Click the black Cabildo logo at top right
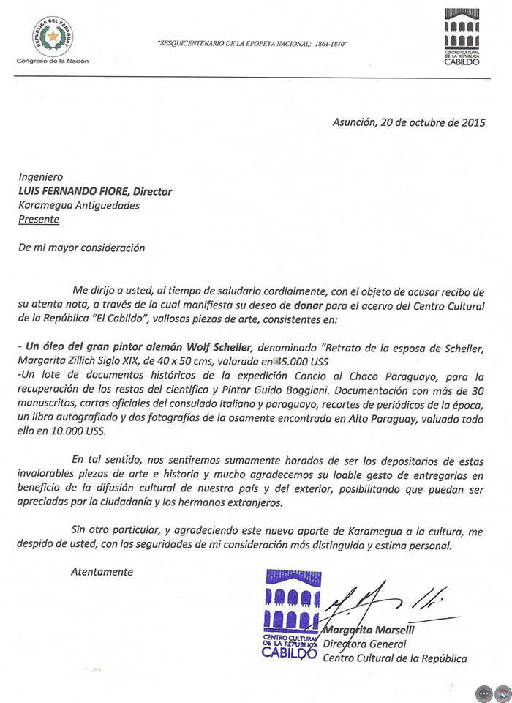tap(462, 37)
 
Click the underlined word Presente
tap(39, 218)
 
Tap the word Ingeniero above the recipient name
tap(41, 178)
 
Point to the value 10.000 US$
tap(82, 431)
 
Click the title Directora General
tap(364, 644)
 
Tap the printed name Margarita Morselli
tap(366, 631)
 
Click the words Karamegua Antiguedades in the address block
tap(78, 205)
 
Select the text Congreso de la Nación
tap(53, 60)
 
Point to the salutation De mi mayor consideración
tap(82, 248)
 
